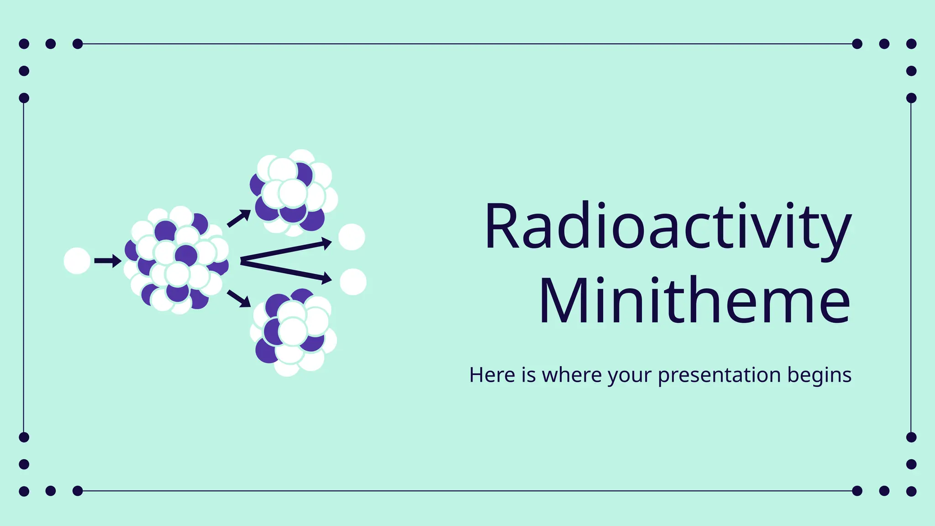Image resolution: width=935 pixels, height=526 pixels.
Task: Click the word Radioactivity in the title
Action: click(667, 227)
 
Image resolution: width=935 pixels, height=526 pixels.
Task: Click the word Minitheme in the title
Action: click(694, 301)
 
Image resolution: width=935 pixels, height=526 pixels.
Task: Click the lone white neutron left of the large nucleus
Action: click(77, 261)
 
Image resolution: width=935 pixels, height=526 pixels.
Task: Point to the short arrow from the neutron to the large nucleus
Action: click(107, 261)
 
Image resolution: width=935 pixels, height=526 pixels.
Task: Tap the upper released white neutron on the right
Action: click(352, 237)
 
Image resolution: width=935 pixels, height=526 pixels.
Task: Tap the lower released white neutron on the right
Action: click(353, 282)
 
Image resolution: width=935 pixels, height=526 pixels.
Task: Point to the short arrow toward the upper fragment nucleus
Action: click(239, 218)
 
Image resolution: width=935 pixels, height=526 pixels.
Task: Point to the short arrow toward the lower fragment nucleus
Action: click(239, 298)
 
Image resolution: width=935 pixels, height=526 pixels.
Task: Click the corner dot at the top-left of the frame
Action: click(24, 44)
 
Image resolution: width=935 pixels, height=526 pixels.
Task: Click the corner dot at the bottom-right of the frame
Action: click(911, 491)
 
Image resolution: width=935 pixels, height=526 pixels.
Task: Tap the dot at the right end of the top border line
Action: click(857, 44)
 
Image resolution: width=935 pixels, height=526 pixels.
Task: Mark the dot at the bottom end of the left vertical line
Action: click(24, 437)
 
